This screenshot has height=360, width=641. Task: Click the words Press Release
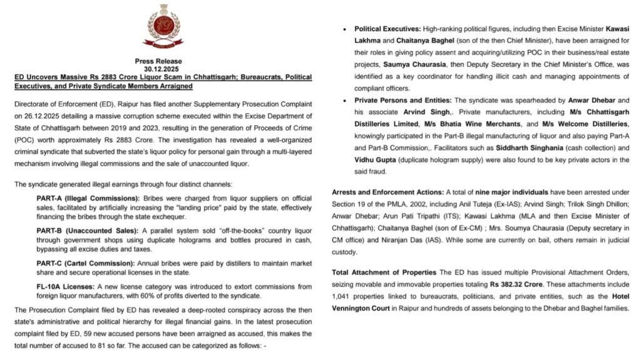(158, 61)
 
